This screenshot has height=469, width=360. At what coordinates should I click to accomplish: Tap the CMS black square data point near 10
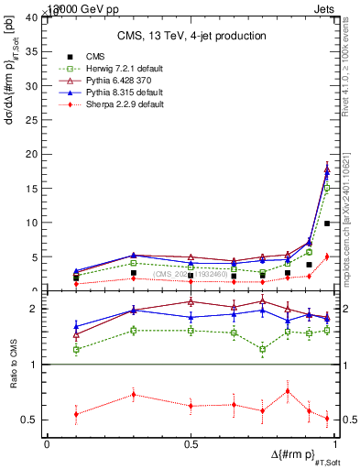pos(327,224)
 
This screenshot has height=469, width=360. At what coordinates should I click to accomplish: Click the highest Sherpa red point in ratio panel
pos(289,391)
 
